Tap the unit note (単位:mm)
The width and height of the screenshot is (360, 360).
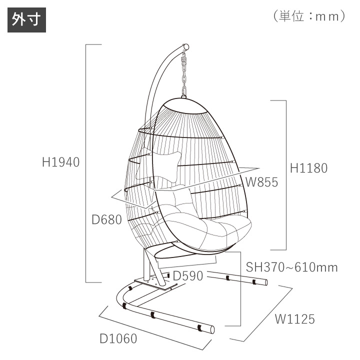[x=309, y=16]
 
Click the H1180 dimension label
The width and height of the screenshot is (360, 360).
[x=309, y=168]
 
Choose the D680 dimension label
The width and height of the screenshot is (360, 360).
[x=106, y=219]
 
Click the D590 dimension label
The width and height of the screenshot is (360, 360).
[x=187, y=276]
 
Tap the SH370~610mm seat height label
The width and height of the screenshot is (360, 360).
[x=291, y=267]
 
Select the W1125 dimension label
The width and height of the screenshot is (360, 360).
[x=294, y=318]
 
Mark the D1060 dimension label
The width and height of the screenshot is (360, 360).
[x=118, y=339]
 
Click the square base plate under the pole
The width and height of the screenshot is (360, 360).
[x=155, y=284]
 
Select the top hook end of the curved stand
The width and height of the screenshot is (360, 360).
[x=186, y=46]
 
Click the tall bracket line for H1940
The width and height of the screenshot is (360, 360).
[x=86, y=162]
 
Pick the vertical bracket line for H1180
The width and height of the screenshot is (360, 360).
[x=286, y=175]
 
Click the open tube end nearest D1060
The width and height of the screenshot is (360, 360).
[x=212, y=329]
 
